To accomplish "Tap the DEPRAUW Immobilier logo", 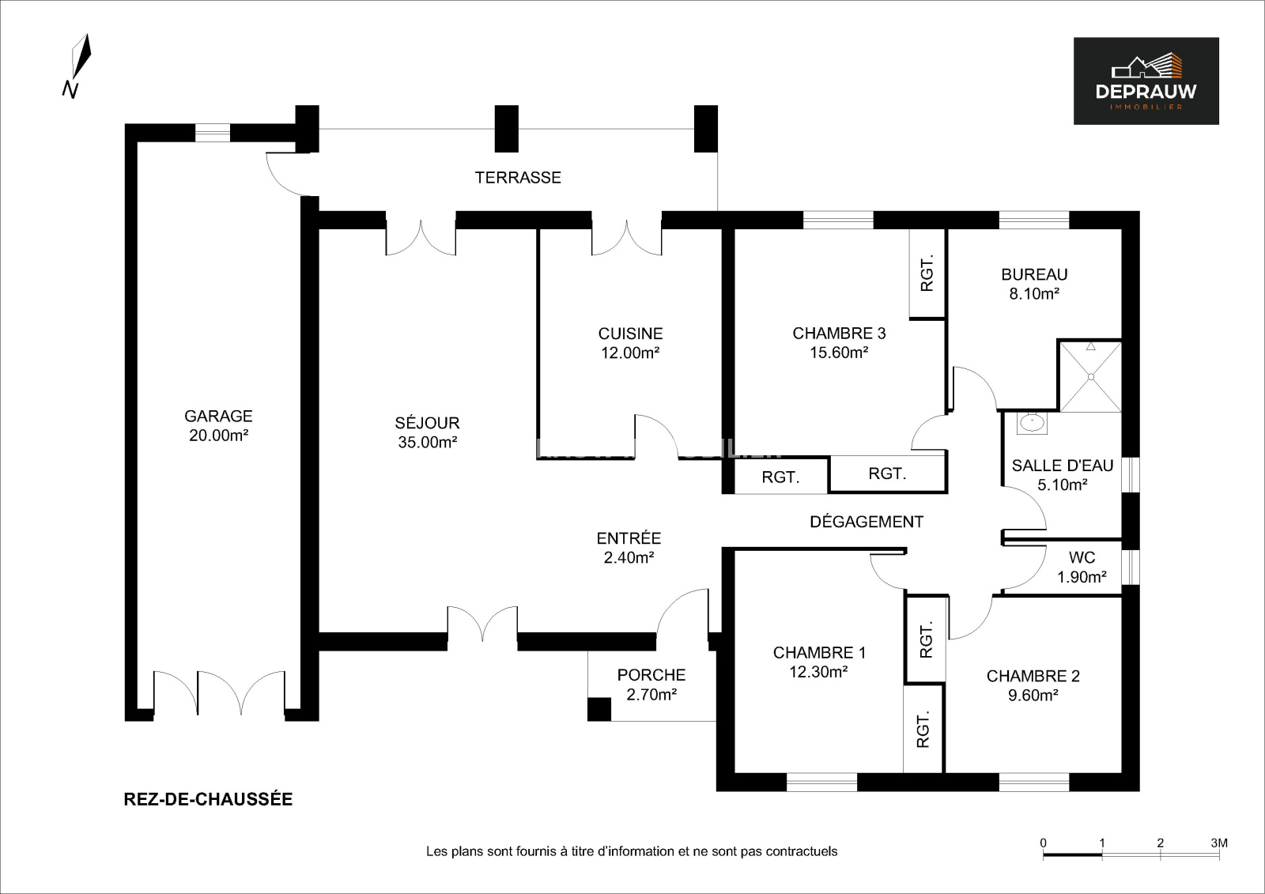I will pyautogui.click(x=1146, y=81).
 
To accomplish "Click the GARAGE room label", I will pyautogui.click(x=218, y=416).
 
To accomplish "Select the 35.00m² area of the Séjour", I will pyautogui.click(x=427, y=443).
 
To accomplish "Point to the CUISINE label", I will pyautogui.click(x=630, y=334).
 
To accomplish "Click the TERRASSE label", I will pyautogui.click(x=518, y=178).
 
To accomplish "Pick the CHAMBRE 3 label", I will pyautogui.click(x=839, y=334).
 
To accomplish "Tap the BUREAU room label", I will pyautogui.click(x=1034, y=275).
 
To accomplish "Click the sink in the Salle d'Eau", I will pyautogui.click(x=1031, y=423).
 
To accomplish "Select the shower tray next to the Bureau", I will pyautogui.click(x=1090, y=376).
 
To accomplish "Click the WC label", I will pyautogui.click(x=1082, y=558).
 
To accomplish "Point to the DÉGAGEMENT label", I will pyautogui.click(x=867, y=522).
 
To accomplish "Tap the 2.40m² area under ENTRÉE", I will pyautogui.click(x=629, y=558).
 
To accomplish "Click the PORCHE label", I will pyautogui.click(x=651, y=675).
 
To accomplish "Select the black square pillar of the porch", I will pyautogui.click(x=599, y=709).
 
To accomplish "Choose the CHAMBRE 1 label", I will pyautogui.click(x=819, y=653).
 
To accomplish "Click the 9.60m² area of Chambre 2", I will pyautogui.click(x=1033, y=696).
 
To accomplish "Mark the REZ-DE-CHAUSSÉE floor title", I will pyautogui.click(x=208, y=799).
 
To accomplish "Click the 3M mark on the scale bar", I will pyautogui.click(x=1218, y=843).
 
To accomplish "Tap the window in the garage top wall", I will pyautogui.click(x=212, y=133).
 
